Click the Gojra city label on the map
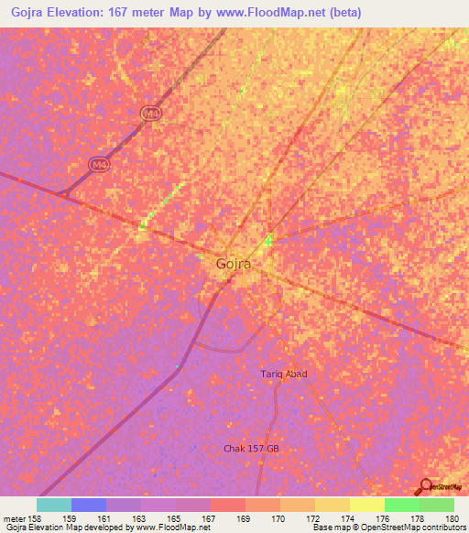(x=234, y=264)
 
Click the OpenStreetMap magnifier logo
(x=426, y=485)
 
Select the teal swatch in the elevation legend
(x=54, y=505)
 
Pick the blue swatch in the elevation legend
(x=89, y=505)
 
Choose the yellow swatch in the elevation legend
(x=367, y=505)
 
